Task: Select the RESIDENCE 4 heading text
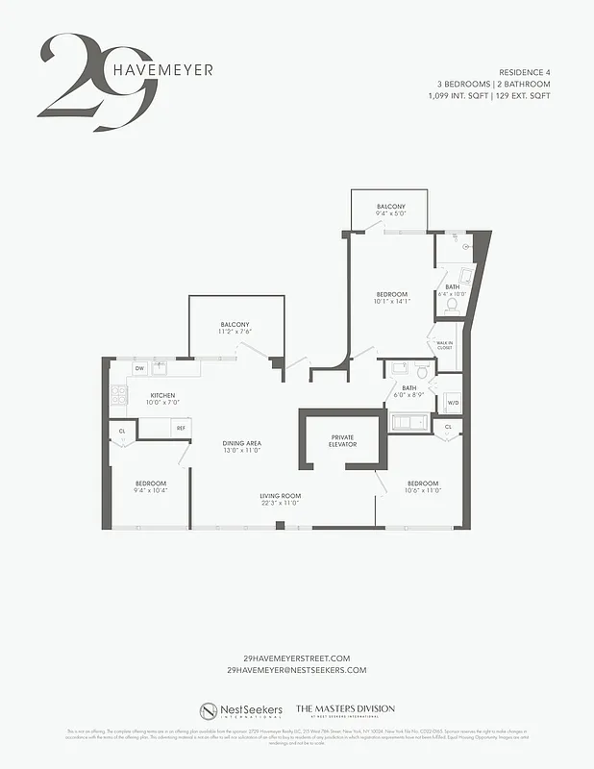[x=525, y=73]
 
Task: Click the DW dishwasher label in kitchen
[x=139, y=368]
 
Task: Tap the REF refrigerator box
[x=180, y=428]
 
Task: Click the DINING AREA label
[x=242, y=443]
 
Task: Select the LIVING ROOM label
[x=280, y=496]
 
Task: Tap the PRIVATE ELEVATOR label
[x=343, y=440]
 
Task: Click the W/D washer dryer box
[x=452, y=403]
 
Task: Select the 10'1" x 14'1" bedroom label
[x=391, y=301]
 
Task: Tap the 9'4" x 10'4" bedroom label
[x=150, y=490]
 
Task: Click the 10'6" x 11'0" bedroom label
[x=423, y=490]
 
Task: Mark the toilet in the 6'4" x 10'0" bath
[x=452, y=304]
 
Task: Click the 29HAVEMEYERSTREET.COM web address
[x=297, y=658]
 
